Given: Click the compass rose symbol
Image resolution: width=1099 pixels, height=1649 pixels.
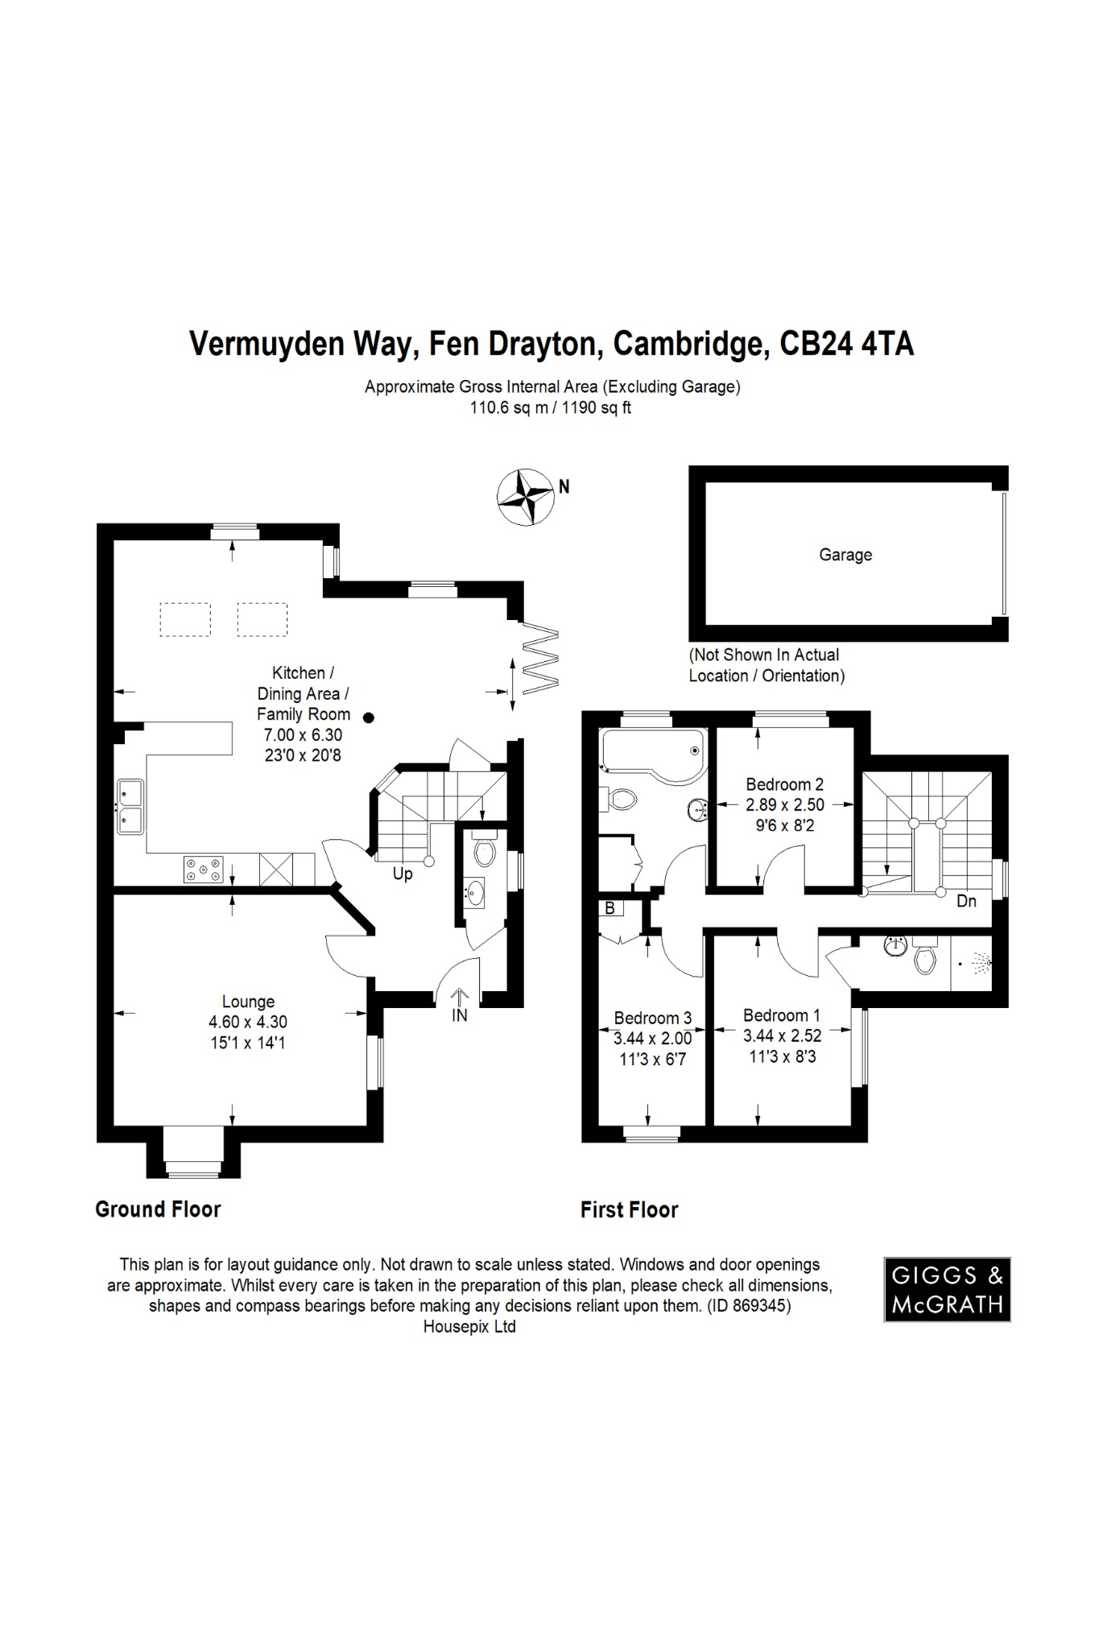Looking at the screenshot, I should (525, 497).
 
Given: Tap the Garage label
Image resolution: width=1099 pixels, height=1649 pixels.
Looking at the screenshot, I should (845, 555).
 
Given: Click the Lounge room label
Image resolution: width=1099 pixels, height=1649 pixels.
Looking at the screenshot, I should (248, 1002).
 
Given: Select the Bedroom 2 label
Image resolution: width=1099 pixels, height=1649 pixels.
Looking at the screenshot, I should (784, 784).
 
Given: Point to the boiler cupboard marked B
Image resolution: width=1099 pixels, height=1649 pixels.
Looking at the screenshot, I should (609, 908).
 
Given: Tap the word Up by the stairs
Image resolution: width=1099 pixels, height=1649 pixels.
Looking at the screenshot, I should (403, 874).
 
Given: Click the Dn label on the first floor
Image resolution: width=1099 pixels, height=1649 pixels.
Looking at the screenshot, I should (966, 901).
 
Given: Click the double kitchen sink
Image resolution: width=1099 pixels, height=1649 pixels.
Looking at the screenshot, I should (130, 806).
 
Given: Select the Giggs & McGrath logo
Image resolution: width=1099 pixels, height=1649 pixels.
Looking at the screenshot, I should (947, 1289).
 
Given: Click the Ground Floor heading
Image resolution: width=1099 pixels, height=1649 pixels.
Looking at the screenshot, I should (158, 1209).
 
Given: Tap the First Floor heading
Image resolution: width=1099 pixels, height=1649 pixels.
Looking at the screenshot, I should (629, 1210).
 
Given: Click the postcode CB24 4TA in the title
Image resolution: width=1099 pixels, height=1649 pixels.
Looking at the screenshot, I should (847, 345).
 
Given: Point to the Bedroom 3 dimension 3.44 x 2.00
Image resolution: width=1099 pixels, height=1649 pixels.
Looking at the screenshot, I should (652, 1039).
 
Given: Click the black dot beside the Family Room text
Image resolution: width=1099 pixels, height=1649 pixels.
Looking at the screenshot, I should (368, 717).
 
